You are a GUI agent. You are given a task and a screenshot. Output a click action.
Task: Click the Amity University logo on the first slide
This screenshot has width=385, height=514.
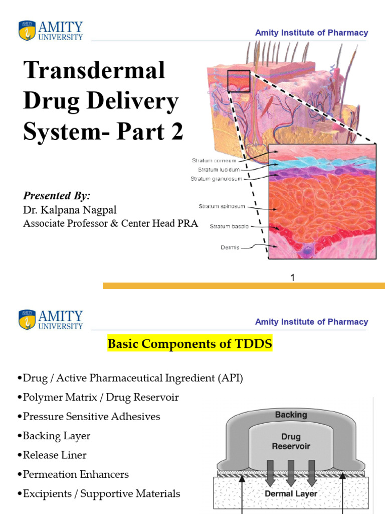tap(51, 31)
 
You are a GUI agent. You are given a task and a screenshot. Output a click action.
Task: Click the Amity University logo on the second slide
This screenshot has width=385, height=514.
tap(51, 320)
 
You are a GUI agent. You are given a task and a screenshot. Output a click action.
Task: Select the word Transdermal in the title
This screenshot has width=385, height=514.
tap(94, 70)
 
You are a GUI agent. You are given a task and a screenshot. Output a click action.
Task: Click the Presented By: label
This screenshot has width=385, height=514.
tap(57, 196)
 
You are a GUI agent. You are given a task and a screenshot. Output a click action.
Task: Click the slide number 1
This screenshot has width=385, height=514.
tap(292, 277)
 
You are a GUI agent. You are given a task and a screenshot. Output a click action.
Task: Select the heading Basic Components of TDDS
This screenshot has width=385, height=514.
tap(190, 345)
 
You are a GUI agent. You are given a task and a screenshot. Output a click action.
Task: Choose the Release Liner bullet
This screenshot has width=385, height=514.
tap(55, 455)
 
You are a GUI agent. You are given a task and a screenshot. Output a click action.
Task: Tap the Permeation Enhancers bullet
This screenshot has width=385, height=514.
tap(76, 474)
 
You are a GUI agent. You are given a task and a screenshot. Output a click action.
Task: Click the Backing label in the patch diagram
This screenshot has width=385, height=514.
tap(291, 415)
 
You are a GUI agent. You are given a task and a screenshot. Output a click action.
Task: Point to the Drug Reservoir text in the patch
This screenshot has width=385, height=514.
tap(291, 441)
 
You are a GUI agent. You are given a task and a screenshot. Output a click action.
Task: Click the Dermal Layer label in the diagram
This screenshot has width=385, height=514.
tap(291, 493)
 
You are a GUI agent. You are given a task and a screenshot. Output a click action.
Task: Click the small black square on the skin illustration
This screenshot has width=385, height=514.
tap(239, 81)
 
